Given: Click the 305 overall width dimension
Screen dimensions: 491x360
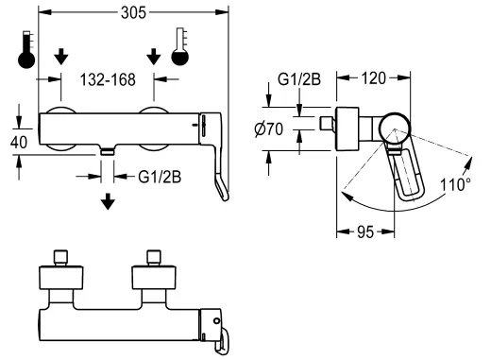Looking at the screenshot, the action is pyautogui.click(x=133, y=13).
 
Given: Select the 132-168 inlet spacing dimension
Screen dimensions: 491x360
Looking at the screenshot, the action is pyautogui.click(x=108, y=79).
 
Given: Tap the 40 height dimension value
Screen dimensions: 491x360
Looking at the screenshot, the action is pyautogui.click(x=19, y=143).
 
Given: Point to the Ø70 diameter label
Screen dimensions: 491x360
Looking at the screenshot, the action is pyautogui.click(x=269, y=129).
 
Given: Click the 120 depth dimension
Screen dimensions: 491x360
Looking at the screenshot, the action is pyautogui.click(x=373, y=78).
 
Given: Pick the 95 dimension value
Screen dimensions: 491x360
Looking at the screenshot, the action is pyautogui.click(x=365, y=232).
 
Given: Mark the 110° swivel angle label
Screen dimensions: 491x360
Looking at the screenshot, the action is pyautogui.click(x=455, y=184).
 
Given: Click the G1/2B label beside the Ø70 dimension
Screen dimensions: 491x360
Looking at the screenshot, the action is pyautogui.click(x=299, y=79).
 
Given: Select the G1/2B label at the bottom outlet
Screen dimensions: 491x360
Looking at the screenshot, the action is pyautogui.click(x=160, y=177).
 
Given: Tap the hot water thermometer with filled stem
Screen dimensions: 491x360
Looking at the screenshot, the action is pyautogui.click(x=26, y=49).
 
